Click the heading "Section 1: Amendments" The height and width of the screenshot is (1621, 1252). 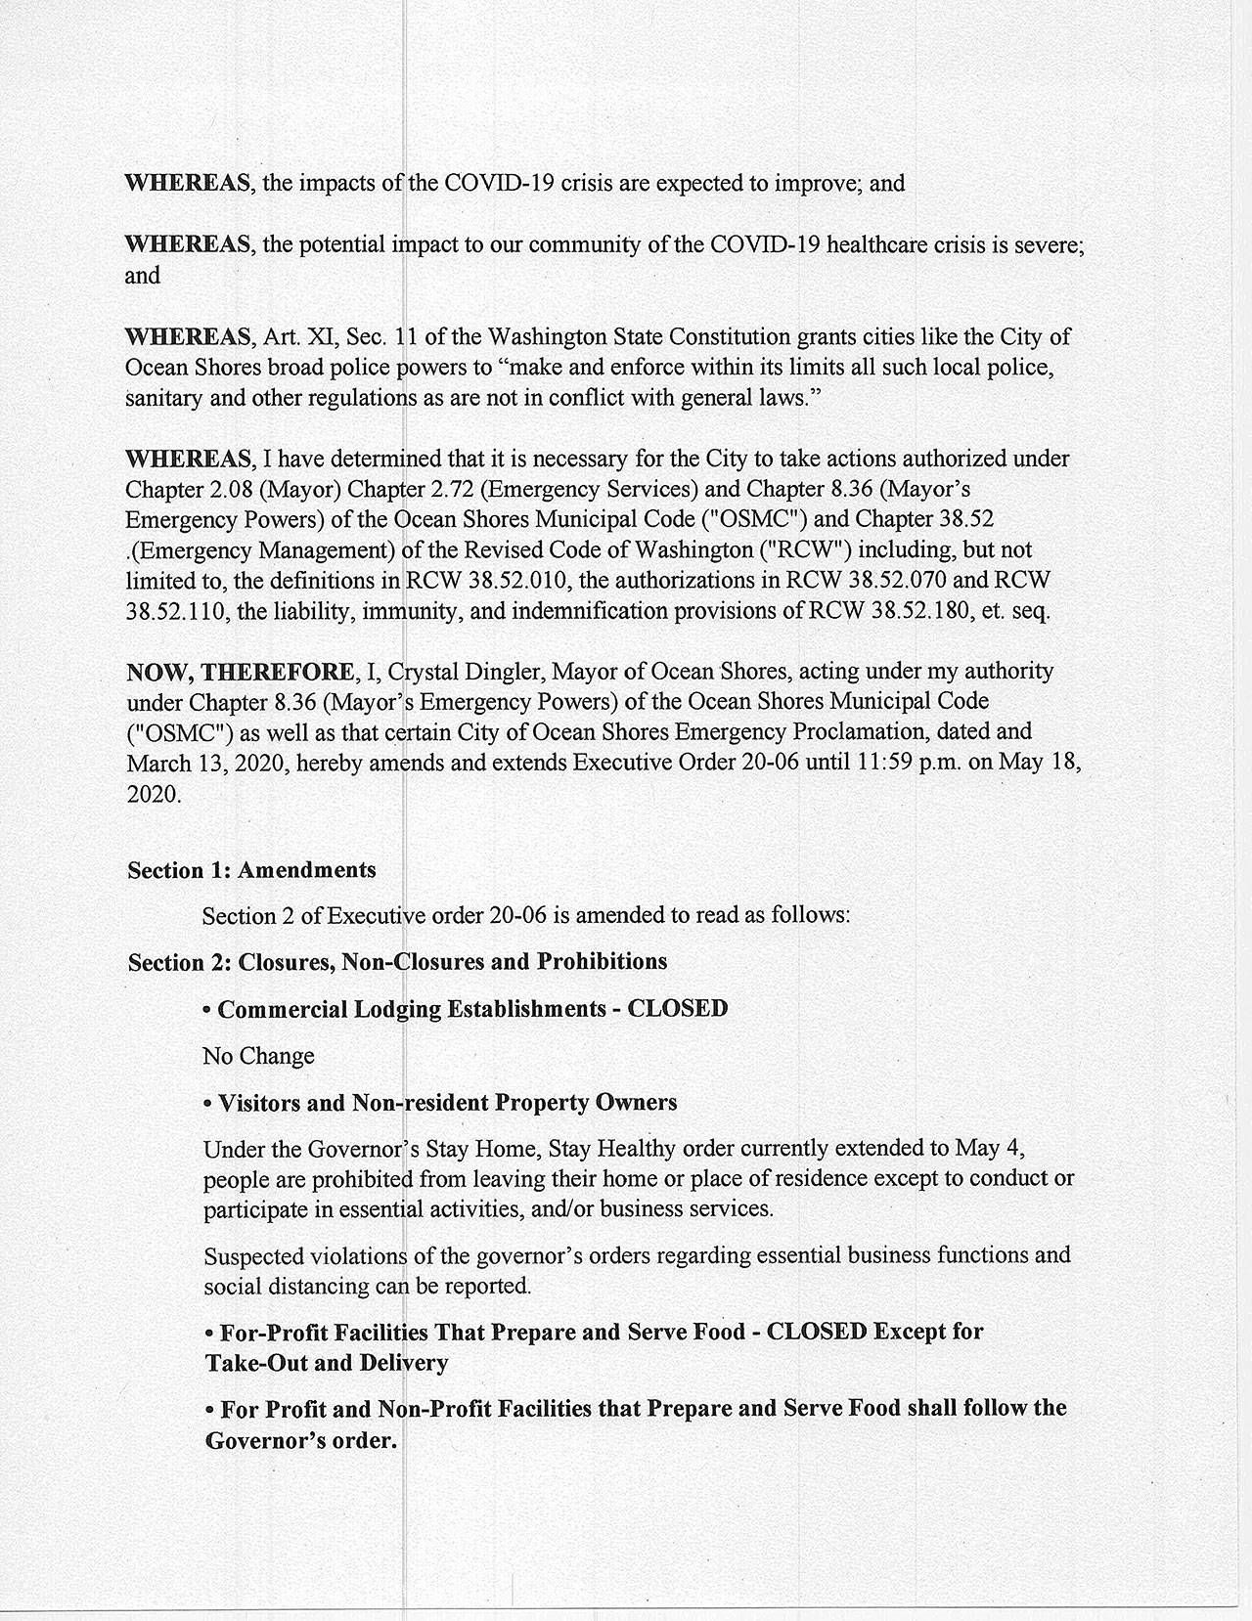[251, 870]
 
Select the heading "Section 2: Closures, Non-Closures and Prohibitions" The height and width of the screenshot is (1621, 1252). [397, 962]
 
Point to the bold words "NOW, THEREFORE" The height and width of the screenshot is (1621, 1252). [241, 673]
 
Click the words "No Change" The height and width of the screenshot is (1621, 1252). [258, 1056]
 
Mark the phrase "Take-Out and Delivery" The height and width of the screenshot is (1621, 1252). [327, 1363]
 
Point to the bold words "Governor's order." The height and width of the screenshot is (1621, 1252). [301, 1441]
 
